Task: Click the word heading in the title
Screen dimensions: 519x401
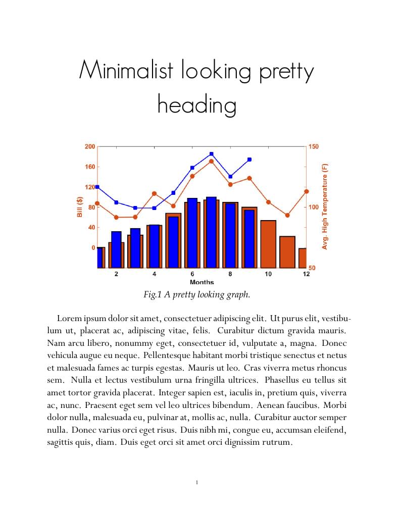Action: coord(197,105)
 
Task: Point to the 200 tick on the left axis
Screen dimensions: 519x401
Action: coord(89,146)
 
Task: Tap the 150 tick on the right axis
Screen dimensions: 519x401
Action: coord(314,146)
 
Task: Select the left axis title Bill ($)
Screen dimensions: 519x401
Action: coord(79,207)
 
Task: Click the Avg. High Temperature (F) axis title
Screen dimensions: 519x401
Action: coord(325,206)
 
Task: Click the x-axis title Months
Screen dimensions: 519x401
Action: coord(202,282)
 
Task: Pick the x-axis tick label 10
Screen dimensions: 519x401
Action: coord(268,274)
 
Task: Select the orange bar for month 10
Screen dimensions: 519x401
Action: coord(268,244)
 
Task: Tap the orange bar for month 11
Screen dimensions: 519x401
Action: coord(287,252)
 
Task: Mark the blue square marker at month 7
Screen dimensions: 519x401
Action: coord(211,154)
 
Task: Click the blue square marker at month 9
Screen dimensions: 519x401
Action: coord(249,160)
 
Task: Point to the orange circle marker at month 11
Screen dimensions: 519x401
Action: coord(287,215)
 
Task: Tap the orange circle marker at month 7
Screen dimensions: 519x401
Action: coord(211,162)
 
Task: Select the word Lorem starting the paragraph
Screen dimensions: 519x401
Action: coord(69,319)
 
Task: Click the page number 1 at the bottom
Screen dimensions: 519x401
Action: coord(196,483)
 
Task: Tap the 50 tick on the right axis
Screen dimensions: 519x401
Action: coord(312,268)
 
